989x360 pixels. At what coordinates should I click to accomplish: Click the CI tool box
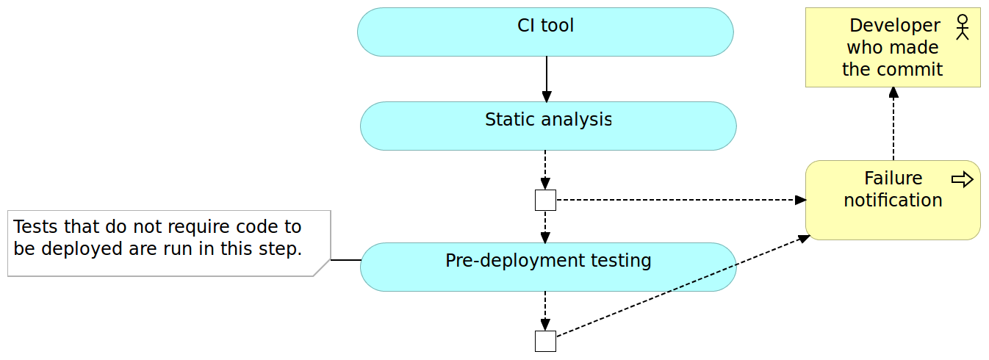pyautogui.click(x=545, y=32)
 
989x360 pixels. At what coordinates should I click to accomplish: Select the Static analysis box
pyautogui.click(x=548, y=126)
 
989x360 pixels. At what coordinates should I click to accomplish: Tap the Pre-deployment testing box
pyautogui.click(x=548, y=267)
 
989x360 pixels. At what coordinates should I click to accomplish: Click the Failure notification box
pyautogui.click(x=893, y=200)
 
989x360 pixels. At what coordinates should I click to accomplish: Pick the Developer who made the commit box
pyautogui.click(x=893, y=48)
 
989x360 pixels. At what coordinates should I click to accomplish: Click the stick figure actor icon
pyautogui.click(x=963, y=26)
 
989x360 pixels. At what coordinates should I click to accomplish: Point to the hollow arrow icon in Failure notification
pyautogui.click(x=962, y=179)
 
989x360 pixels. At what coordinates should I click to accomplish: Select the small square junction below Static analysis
pyautogui.click(x=545, y=200)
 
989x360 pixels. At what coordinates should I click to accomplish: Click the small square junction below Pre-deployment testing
pyautogui.click(x=545, y=341)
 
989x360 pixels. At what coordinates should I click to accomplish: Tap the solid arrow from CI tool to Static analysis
pyautogui.click(x=546, y=79)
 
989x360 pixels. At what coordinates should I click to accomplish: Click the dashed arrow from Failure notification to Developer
pyautogui.click(x=893, y=123)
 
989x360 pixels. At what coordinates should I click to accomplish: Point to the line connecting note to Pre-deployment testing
pyautogui.click(x=345, y=260)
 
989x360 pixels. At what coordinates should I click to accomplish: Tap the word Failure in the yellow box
pyautogui.click(x=893, y=179)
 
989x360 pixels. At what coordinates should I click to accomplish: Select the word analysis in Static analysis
pyautogui.click(x=577, y=120)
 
